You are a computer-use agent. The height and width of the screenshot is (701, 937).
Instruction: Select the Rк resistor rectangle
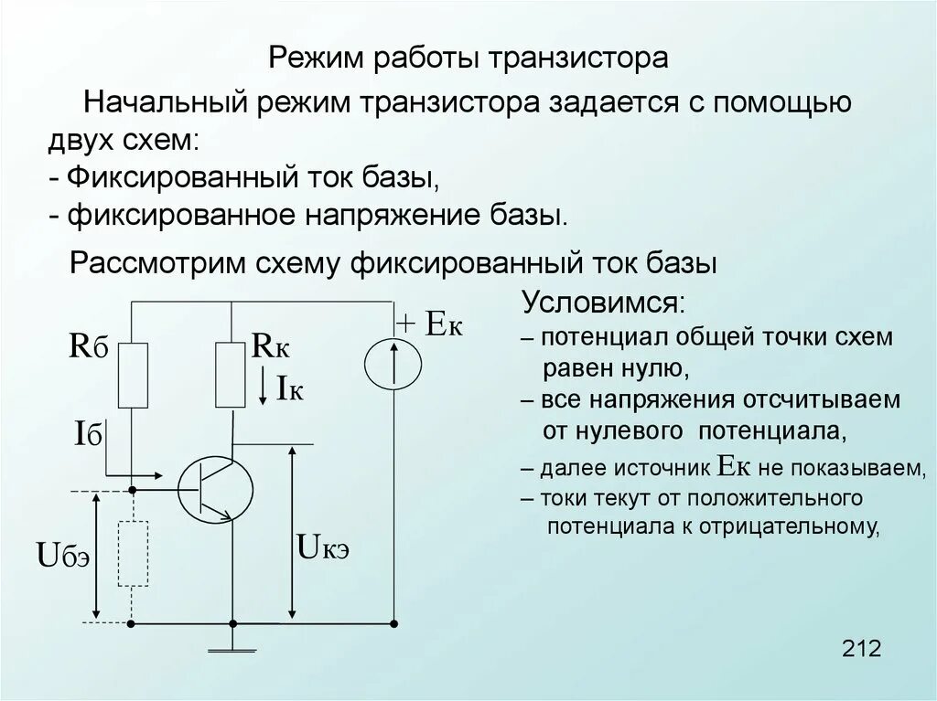pyautogui.click(x=230, y=375)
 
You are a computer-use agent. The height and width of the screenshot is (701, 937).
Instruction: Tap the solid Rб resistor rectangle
pyautogui.click(x=134, y=375)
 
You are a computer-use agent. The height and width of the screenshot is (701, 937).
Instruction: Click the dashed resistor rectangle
pyautogui.click(x=134, y=553)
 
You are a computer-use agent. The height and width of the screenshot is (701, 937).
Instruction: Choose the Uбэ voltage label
pyautogui.click(x=62, y=555)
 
